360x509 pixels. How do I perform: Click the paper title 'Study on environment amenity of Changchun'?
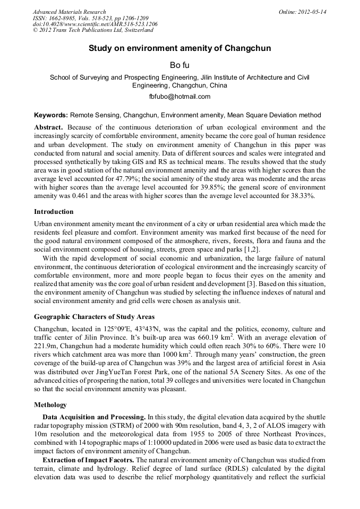tap(179, 48)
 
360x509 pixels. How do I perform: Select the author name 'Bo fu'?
tap(179, 65)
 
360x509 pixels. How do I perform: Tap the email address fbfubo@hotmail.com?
tap(179, 97)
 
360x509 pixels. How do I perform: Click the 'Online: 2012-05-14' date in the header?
tap(303, 12)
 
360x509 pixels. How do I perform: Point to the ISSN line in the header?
tap(90, 18)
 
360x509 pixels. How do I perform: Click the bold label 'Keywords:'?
tap(51, 115)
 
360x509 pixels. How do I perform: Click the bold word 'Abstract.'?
tap(49, 127)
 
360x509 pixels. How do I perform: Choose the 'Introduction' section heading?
tap(54, 211)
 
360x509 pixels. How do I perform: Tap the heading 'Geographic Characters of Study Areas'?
tap(95, 317)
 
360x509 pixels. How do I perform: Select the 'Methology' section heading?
tap(50, 404)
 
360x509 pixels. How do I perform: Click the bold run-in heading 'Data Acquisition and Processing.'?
tap(93, 417)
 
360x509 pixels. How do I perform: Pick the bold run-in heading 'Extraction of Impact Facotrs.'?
tap(89, 459)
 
